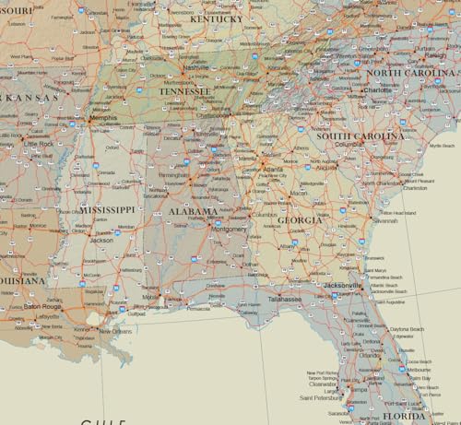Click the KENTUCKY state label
click(216, 18)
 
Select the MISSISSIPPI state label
click(107, 210)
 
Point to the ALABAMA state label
click(193, 212)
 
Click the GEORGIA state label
click(301, 220)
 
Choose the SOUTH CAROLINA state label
click(360, 136)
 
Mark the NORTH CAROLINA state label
click(411, 73)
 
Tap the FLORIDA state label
click(404, 416)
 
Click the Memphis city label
click(102, 118)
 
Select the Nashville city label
click(195, 67)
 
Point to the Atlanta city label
click(273, 170)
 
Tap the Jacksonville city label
click(342, 286)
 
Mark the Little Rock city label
click(40, 144)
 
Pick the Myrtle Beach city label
click(443, 146)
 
